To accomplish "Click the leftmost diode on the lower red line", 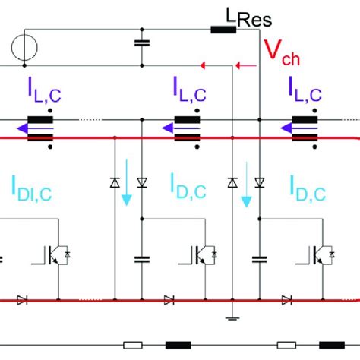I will click(22, 300).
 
